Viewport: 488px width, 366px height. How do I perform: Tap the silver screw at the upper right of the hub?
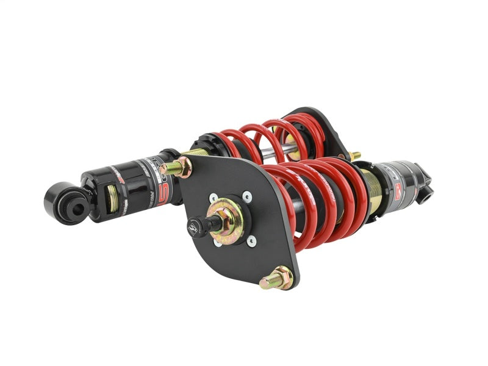tap(246, 196)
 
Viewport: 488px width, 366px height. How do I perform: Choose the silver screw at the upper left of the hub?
tap(213, 198)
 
